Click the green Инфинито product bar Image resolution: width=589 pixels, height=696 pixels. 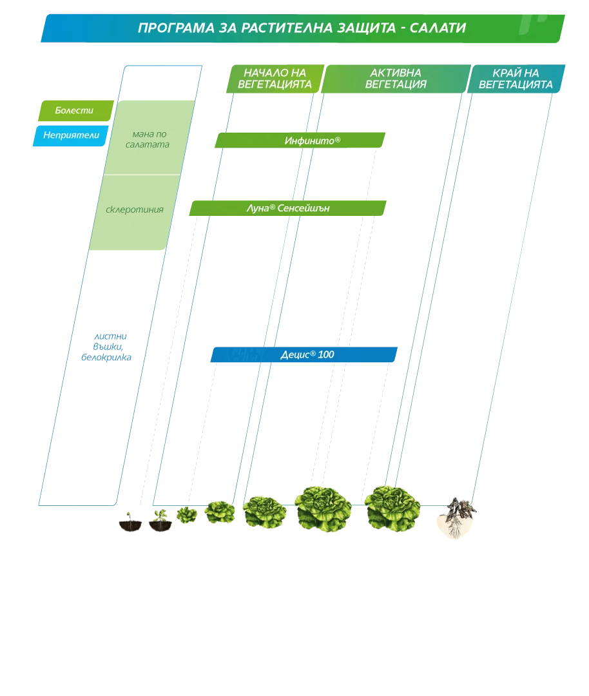[x=300, y=140]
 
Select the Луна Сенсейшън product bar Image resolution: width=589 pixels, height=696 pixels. [x=287, y=208]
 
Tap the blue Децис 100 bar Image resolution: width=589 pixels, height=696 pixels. [x=304, y=354]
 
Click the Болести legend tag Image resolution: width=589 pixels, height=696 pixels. [x=76, y=111]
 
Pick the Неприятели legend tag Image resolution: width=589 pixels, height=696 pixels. [x=71, y=135]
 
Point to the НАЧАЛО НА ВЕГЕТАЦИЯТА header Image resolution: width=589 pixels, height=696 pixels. [x=275, y=79]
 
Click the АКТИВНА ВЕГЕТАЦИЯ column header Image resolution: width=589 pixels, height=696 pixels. [x=396, y=79]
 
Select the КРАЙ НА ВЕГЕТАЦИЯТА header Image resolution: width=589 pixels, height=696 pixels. [x=516, y=79]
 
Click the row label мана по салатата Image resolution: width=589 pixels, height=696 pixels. [x=148, y=139]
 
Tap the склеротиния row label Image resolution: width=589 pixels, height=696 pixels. [x=135, y=209]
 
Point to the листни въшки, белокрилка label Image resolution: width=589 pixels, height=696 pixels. [x=107, y=347]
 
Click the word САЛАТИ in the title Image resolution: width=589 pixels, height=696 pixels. [x=438, y=28]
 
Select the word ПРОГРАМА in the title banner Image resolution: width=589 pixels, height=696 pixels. [x=176, y=28]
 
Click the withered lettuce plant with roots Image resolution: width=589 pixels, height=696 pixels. [x=457, y=517]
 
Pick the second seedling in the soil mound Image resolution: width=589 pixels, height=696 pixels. [x=160, y=520]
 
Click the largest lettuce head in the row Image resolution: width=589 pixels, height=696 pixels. [x=323, y=508]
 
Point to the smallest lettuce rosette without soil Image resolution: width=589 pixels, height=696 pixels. [x=187, y=515]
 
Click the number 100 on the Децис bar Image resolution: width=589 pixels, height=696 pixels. [x=326, y=354]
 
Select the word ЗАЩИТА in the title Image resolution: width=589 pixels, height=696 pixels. [x=366, y=28]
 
